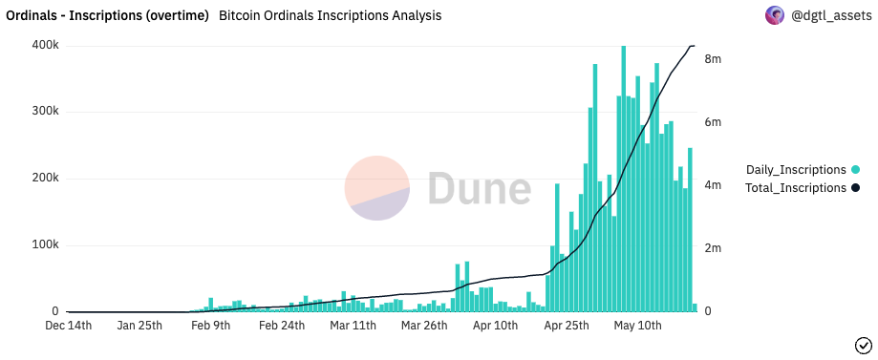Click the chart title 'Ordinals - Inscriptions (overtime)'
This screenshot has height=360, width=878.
pyautogui.click(x=108, y=16)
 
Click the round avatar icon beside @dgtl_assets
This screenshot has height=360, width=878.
pyautogui.click(x=775, y=15)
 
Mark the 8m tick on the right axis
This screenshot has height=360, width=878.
pyautogui.click(x=713, y=59)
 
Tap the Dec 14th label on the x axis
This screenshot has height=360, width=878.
pyautogui.click(x=69, y=326)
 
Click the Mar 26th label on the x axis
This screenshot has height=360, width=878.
pyautogui.click(x=424, y=326)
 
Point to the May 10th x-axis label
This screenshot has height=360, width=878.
pyautogui.click(x=637, y=326)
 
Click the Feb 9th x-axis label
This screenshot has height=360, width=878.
pyautogui.click(x=210, y=326)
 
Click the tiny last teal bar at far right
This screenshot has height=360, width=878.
pyautogui.click(x=695, y=307)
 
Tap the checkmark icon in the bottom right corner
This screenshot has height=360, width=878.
pyautogui.click(x=862, y=345)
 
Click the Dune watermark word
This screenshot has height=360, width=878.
pyautogui.click(x=479, y=188)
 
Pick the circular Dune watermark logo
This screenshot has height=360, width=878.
pyautogui.click(x=377, y=188)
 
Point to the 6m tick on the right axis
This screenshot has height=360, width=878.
pyautogui.click(x=713, y=122)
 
